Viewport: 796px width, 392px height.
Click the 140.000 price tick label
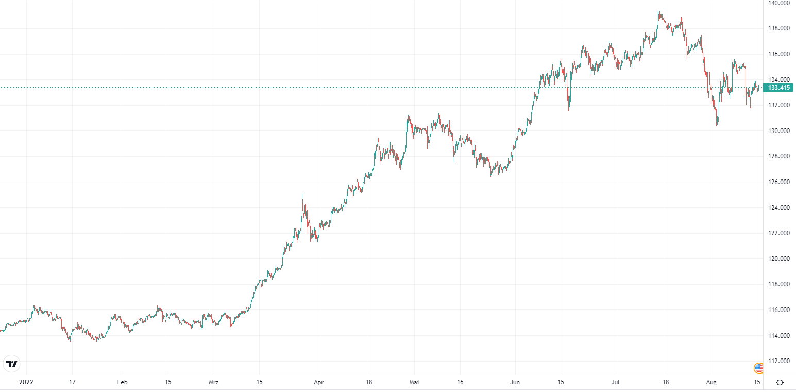pyautogui.click(x=779, y=3)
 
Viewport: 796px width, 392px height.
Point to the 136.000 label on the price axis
pyautogui.click(x=779, y=54)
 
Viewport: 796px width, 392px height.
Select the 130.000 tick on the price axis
pyautogui.click(x=779, y=131)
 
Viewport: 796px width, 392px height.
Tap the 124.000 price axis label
pyautogui.click(x=779, y=208)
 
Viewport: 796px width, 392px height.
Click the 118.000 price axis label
pyautogui.click(x=779, y=284)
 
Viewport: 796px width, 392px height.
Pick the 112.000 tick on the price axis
pyautogui.click(x=779, y=361)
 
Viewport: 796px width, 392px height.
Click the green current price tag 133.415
pyautogui.click(x=778, y=88)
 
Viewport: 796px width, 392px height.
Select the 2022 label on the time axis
pyautogui.click(x=26, y=382)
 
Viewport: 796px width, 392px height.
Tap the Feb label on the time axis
pyautogui.click(x=122, y=382)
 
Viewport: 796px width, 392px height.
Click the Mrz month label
pyautogui.click(x=214, y=382)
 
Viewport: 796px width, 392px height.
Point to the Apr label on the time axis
pyautogui.click(x=319, y=382)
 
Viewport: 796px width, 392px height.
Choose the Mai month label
pyautogui.click(x=414, y=382)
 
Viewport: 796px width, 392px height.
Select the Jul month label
pyautogui.click(x=616, y=382)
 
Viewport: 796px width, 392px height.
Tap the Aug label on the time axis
pyautogui.click(x=712, y=382)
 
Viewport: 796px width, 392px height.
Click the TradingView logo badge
pyautogui.click(x=11, y=364)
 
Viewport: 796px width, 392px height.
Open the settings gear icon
pyautogui.click(x=780, y=382)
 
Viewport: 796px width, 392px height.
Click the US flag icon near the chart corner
pyautogui.click(x=758, y=368)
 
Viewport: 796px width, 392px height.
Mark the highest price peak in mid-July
pyautogui.click(x=659, y=12)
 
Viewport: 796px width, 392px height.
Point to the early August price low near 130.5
pyautogui.click(x=717, y=124)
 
